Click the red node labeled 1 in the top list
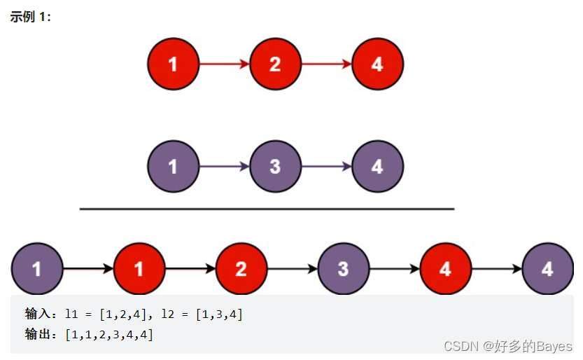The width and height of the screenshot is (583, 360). pyautogui.click(x=174, y=64)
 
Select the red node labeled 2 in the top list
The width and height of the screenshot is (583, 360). pyautogui.click(x=275, y=64)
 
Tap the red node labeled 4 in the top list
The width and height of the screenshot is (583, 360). pyautogui.click(x=377, y=64)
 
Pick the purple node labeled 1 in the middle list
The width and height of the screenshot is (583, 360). pyautogui.click(x=174, y=167)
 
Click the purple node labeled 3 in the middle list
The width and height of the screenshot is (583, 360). pyautogui.click(x=275, y=167)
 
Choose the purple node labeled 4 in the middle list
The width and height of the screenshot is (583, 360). pyautogui.click(x=377, y=167)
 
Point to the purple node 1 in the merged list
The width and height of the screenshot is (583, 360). pyautogui.click(x=36, y=269)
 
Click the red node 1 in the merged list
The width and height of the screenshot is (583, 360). pyautogui.click(x=139, y=269)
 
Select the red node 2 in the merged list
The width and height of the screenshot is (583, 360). pyautogui.click(x=241, y=269)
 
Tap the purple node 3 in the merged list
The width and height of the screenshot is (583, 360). pyautogui.click(x=343, y=269)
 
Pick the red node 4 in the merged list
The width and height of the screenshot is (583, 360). pyautogui.click(x=445, y=269)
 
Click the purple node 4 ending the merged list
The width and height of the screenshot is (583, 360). pyautogui.click(x=547, y=269)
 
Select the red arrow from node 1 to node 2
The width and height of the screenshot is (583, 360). pyautogui.click(x=224, y=64)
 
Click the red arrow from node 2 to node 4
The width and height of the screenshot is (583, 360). pyautogui.click(x=326, y=64)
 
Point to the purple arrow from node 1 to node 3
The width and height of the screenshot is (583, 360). pyautogui.click(x=224, y=167)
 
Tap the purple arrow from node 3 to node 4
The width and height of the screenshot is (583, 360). pyautogui.click(x=326, y=167)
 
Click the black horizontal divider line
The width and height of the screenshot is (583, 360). pyautogui.click(x=267, y=209)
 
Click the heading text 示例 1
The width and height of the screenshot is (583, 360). pyautogui.click(x=30, y=16)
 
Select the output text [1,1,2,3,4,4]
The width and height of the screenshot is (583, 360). pyautogui.click(x=108, y=335)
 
